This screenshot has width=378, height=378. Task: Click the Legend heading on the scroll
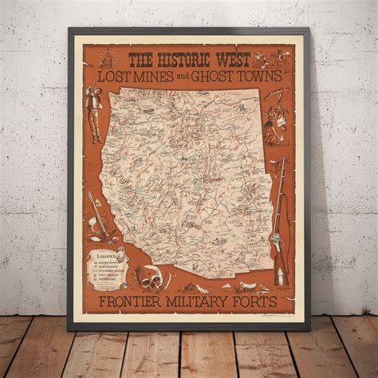103,255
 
